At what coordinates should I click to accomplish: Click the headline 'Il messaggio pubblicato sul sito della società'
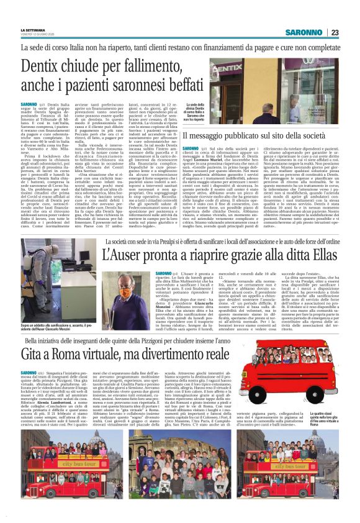[x=261, y=135]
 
